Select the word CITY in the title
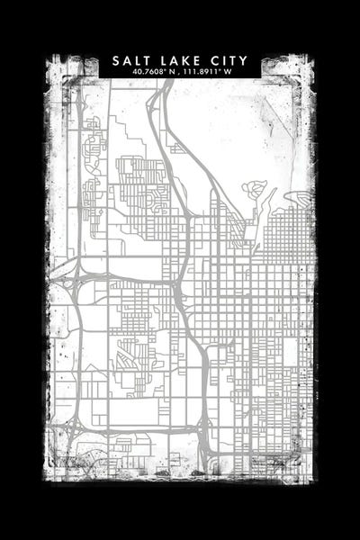[230, 60]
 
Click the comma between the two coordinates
[179, 72]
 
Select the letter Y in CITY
[245, 60]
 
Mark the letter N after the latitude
[172, 71]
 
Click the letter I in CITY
[226, 60]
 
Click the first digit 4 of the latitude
[133, 71]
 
